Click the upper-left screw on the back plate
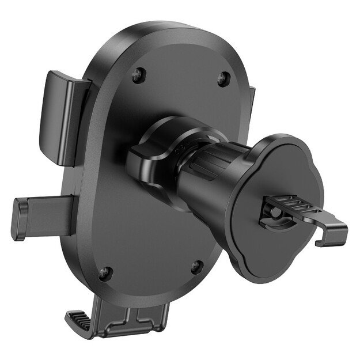point(137,73)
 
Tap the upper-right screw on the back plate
point(223,78)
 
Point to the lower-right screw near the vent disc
point(196,266)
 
